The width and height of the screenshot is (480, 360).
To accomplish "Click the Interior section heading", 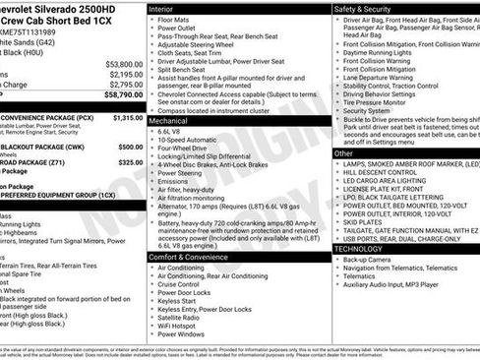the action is click(x=161, y=8).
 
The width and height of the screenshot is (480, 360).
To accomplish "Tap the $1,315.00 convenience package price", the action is click(x=128, y=117).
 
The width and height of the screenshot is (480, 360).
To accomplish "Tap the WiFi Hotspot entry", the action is click(x=183, y=324).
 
